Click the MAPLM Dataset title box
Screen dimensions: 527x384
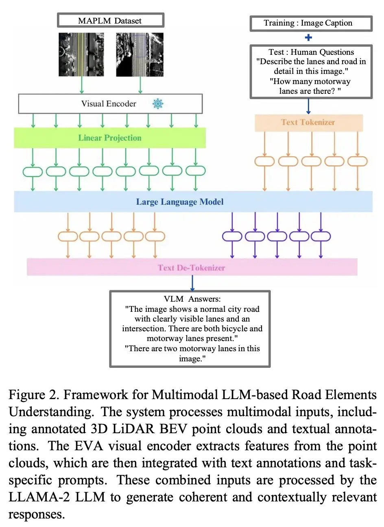(110, 20)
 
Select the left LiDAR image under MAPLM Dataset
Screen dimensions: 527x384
(81, 54)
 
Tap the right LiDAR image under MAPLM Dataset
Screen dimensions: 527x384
(140, 54)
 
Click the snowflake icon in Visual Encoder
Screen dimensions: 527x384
(158, 104)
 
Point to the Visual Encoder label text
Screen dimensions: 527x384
(109, 104)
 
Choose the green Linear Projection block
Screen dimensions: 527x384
(110, 138)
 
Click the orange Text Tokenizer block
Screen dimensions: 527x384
(308, 122)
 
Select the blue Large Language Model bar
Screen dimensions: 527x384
(193, 202)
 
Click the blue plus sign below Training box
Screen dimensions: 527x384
(309, 37)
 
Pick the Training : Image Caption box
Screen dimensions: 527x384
(311, 23)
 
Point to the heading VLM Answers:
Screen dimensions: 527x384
(192, 299)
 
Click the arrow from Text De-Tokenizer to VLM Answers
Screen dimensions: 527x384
(192, 283)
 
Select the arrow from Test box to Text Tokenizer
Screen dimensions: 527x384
(308, 106)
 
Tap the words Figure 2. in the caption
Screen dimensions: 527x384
(34, 395)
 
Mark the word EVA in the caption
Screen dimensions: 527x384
(87, 446)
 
